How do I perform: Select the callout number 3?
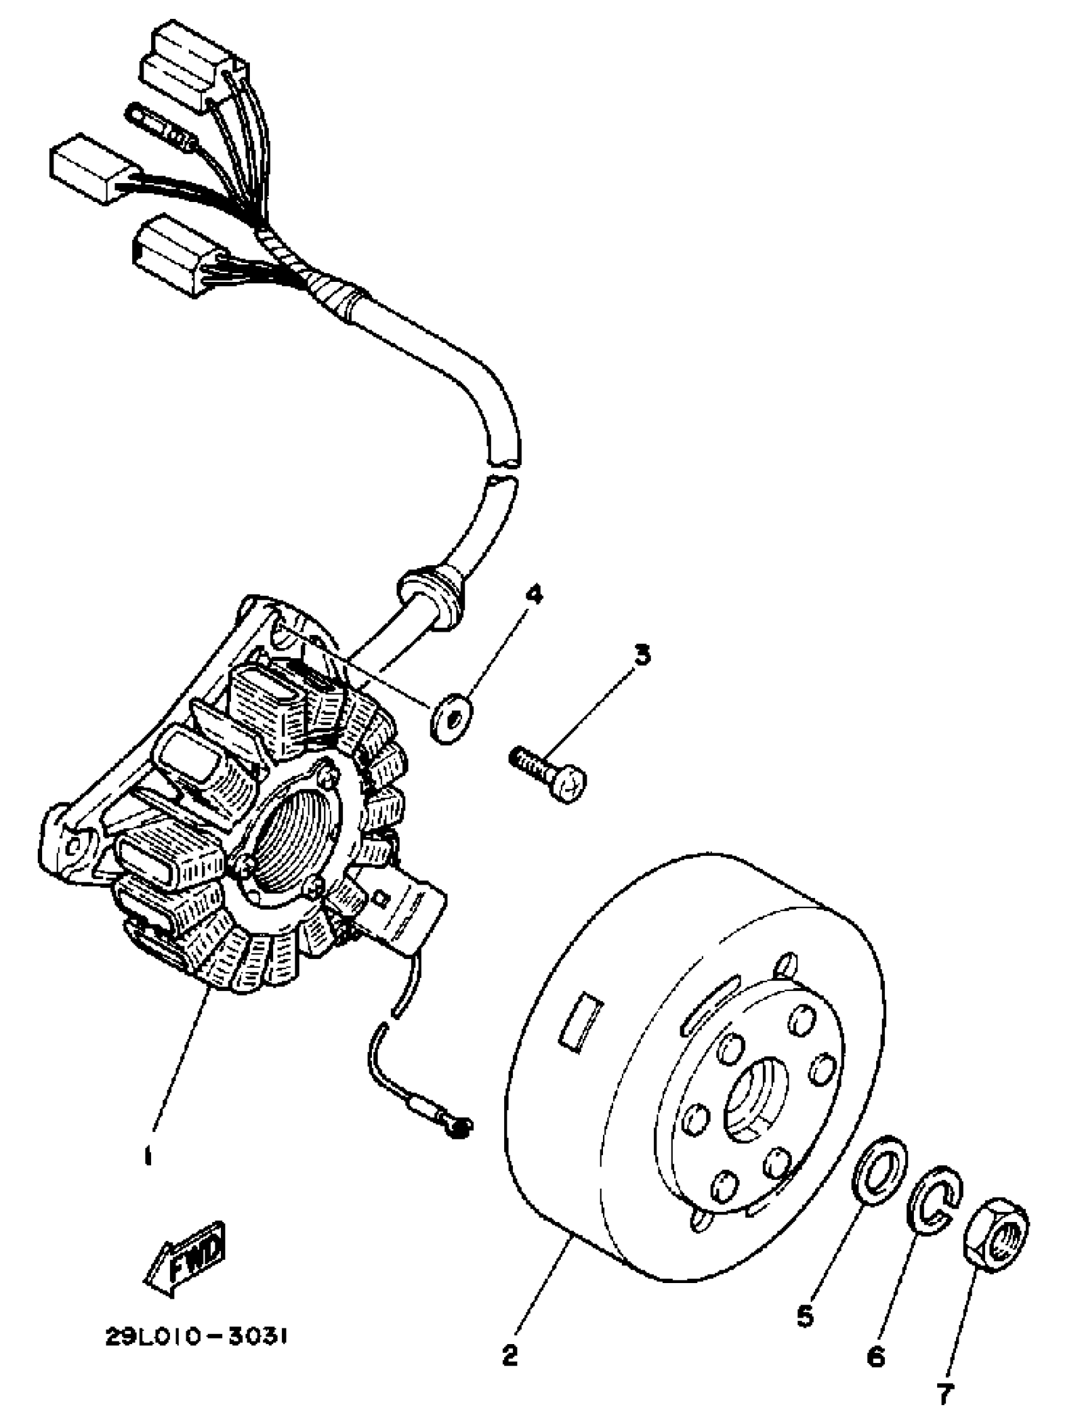pyautogui.click(x=640, y=655)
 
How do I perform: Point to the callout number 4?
pyautogui.click(x=534, y=593)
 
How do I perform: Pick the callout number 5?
pyautogui.click(x=805, y=1316)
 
